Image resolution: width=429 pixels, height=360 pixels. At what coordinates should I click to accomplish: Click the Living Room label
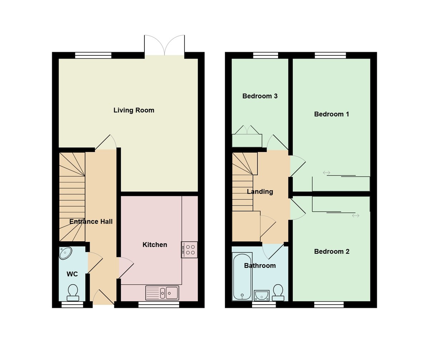134,110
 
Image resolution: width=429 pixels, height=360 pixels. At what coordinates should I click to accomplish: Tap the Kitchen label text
155,245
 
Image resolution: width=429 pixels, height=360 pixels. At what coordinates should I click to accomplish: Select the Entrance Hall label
91,222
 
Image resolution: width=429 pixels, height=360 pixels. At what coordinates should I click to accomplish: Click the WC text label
72,274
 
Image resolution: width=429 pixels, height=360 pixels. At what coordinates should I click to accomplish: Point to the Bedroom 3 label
260,96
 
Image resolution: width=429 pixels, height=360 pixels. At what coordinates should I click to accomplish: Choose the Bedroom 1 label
331,114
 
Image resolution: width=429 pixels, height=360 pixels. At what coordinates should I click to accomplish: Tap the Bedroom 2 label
331,251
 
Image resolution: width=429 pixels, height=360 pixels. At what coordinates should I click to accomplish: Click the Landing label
260,192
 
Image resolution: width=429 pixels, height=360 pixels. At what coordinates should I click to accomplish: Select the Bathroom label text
260,266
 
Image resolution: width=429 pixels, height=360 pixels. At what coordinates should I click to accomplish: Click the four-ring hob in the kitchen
190,250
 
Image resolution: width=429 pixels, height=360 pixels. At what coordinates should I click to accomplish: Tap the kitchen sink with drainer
162,293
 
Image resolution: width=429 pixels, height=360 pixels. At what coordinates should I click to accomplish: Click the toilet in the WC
73,292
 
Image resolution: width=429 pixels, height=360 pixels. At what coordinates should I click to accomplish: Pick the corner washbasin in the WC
65,253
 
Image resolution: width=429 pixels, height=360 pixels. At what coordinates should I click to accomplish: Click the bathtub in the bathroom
242,276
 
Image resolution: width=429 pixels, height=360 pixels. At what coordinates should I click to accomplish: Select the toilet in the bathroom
278,292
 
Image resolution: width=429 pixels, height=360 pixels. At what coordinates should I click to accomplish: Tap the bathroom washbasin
262,295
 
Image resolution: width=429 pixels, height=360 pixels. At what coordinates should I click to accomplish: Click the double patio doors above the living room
164,46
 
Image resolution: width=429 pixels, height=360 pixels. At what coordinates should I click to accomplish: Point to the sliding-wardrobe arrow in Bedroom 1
326,173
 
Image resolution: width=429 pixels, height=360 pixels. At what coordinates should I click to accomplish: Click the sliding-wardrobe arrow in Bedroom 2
355,216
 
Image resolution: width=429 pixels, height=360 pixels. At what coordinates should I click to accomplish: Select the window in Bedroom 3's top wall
266,55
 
